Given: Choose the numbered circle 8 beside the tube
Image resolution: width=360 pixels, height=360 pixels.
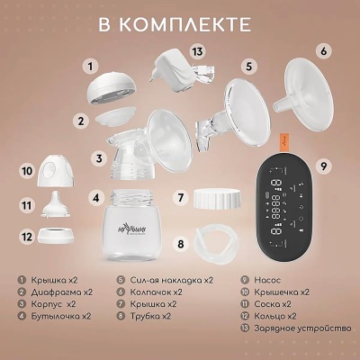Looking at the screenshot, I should tap(180, 244).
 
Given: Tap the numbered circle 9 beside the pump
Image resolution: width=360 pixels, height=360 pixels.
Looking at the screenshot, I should tap(326, 166).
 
